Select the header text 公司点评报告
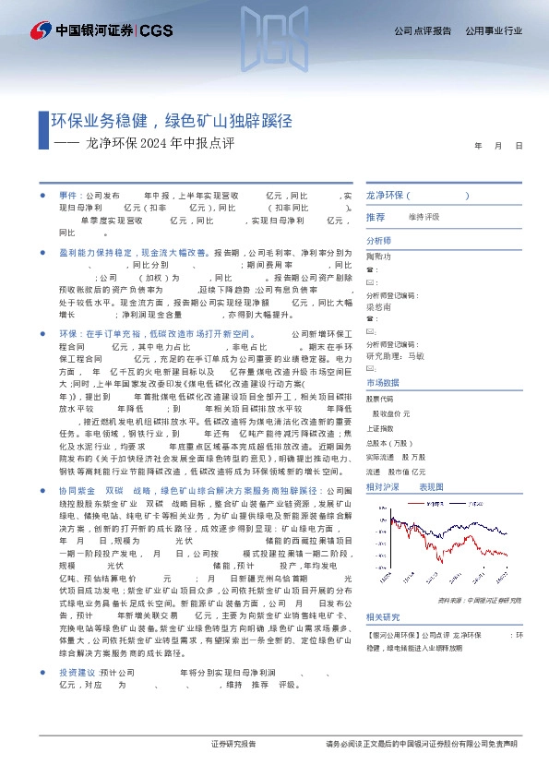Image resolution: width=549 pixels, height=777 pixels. pyautogui.click(x=423, y=31)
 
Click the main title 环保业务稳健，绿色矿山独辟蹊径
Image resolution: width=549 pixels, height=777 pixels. pyautogui.click(x=172, y=120)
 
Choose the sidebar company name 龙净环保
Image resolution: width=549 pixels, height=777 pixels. pyautogui.click(x=385, y=197)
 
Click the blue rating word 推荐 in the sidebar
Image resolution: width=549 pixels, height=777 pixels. pyautogui.click(x=376, y=217)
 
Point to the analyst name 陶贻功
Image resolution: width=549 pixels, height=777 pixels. pyautogui.click(x=379, y=255)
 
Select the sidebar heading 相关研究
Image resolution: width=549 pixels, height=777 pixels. pyautogui.click(x=383, y=617)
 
